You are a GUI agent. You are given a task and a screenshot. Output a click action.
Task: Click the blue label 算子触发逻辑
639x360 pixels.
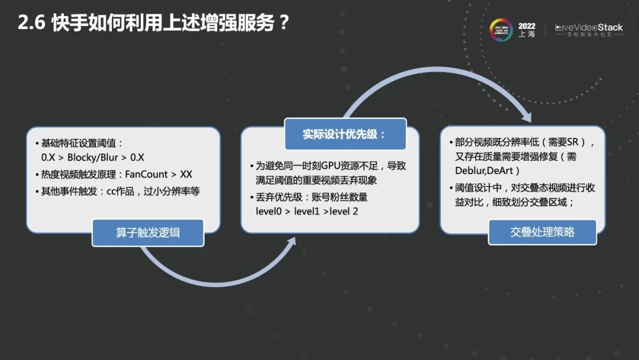coord(148,233)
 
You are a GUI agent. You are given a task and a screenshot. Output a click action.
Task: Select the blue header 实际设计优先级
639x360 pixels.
coord(345,134)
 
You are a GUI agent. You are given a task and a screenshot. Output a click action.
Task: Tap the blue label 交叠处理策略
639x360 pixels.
coord(542,232)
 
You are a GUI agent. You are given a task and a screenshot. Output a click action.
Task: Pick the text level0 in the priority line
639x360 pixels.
coord(270,211)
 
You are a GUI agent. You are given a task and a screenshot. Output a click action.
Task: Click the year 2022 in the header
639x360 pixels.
coord(527,26)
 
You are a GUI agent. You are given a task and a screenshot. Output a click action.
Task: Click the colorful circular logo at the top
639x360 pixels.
coord(501,30)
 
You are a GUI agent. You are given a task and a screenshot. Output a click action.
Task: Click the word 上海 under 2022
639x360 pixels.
coord(527,35)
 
